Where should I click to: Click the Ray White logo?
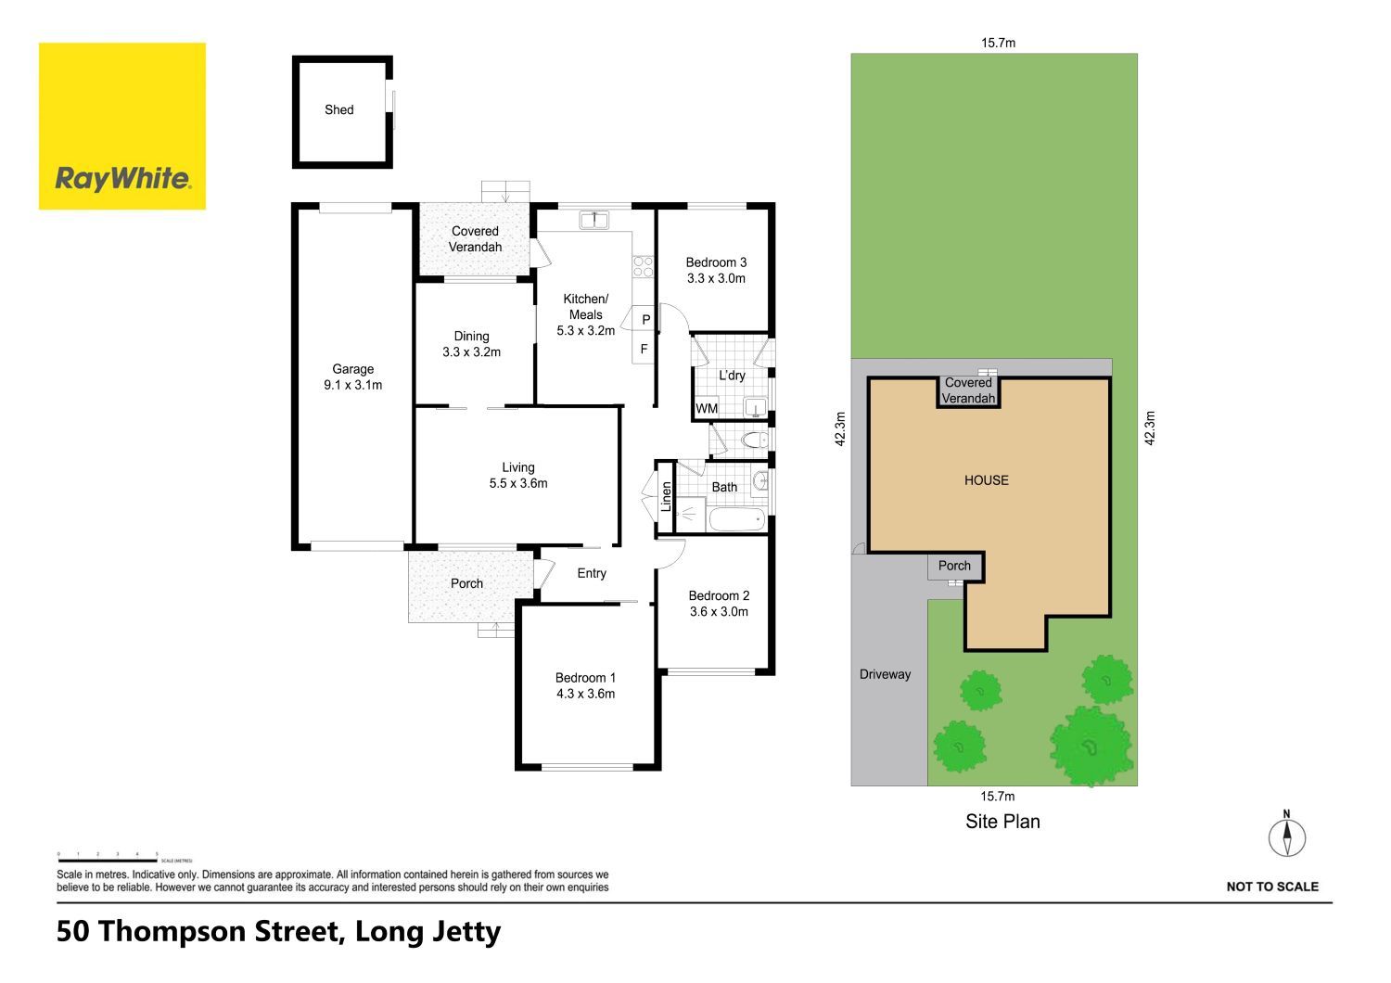pyautogui.click(x=122, y=126)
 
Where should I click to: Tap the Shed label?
pyautogui.click(x=339, y=110)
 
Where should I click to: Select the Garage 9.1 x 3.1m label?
pyautogui.click(x=352, y=377)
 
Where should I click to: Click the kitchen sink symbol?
pyautogui.click(x=594, y=220)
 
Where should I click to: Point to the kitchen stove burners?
pyautogui.click(x=643, y=267)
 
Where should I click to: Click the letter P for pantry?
pyautogui.click(x=645, y=320)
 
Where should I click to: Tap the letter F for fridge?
pyautogui.click(x=644, y=349)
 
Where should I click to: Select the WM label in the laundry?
pyautogui.click(x=707, y=408)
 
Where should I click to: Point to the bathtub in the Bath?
pyautogui.click(x=737, y=519)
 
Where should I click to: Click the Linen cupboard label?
pyautogui.click(x=667, y=497)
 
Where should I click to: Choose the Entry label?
pyautogui.click(x=592, y=573)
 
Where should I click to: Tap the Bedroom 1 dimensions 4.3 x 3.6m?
pyautogui.click(x=585, y=694)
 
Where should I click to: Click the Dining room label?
pyautogui.click(x=471, y=344)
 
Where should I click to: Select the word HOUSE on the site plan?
pyautogui.click(x=986, y=480)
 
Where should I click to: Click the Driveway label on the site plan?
pyautogui.click(x=885, y=674)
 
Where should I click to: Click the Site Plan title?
pyautogui.click(x=1002, y=822)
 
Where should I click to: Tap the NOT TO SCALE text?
pyautogui.click(x=1272, y=887)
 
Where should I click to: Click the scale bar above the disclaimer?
pyautogui.click(x=107, y=861)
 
